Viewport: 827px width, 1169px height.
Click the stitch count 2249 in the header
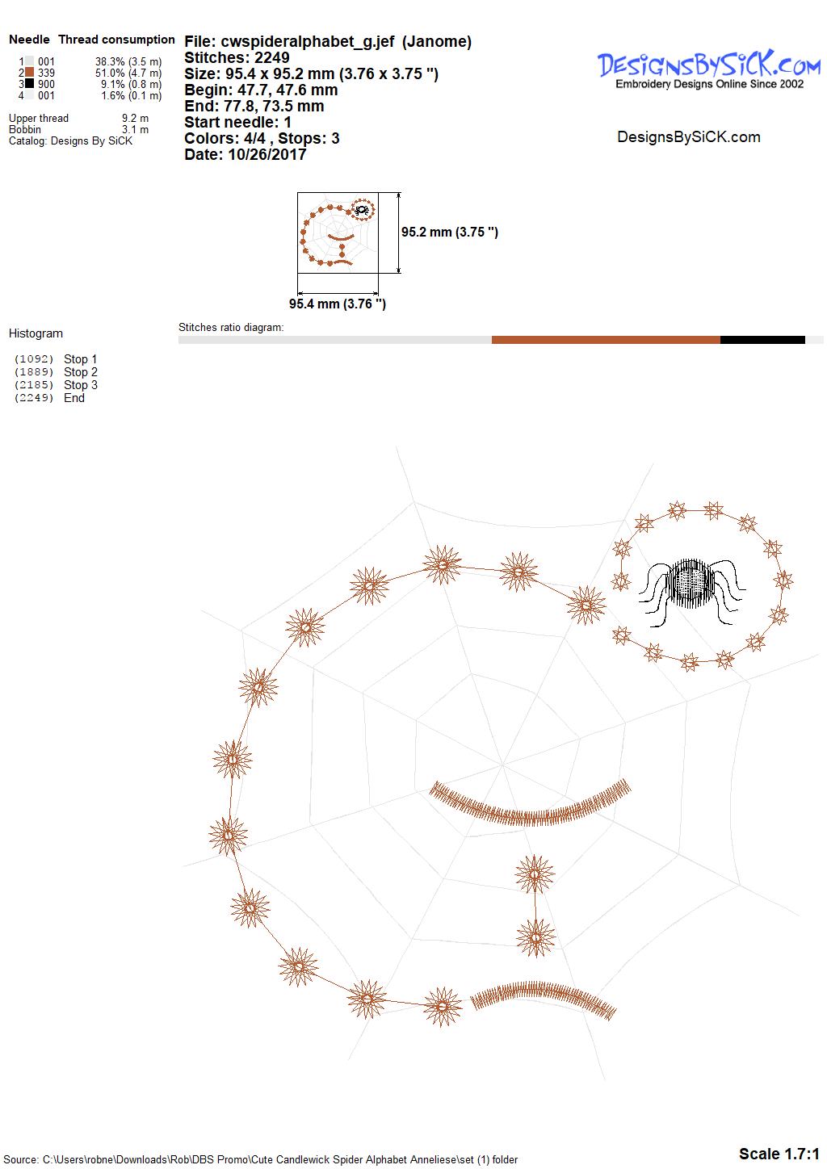pyautogui.click(x=271, y=57)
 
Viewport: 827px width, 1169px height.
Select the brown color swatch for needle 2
pyautogui.click(x=30, y=73)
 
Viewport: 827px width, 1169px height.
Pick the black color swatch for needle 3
pyautogui.click(x=30, y=83)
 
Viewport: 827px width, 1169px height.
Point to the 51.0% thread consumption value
pyautogui.click(x=110, y=73)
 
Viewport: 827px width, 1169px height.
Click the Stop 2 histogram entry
pyautogui.click(x=81, y=372)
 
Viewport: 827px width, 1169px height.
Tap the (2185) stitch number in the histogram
pyautogui.click(x=34, y=385)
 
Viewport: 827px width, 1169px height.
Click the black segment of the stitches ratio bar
pyautogui.click(x=762, y=340)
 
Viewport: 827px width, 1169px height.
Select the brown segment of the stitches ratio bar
pyautogui.click(x=606, y=340)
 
